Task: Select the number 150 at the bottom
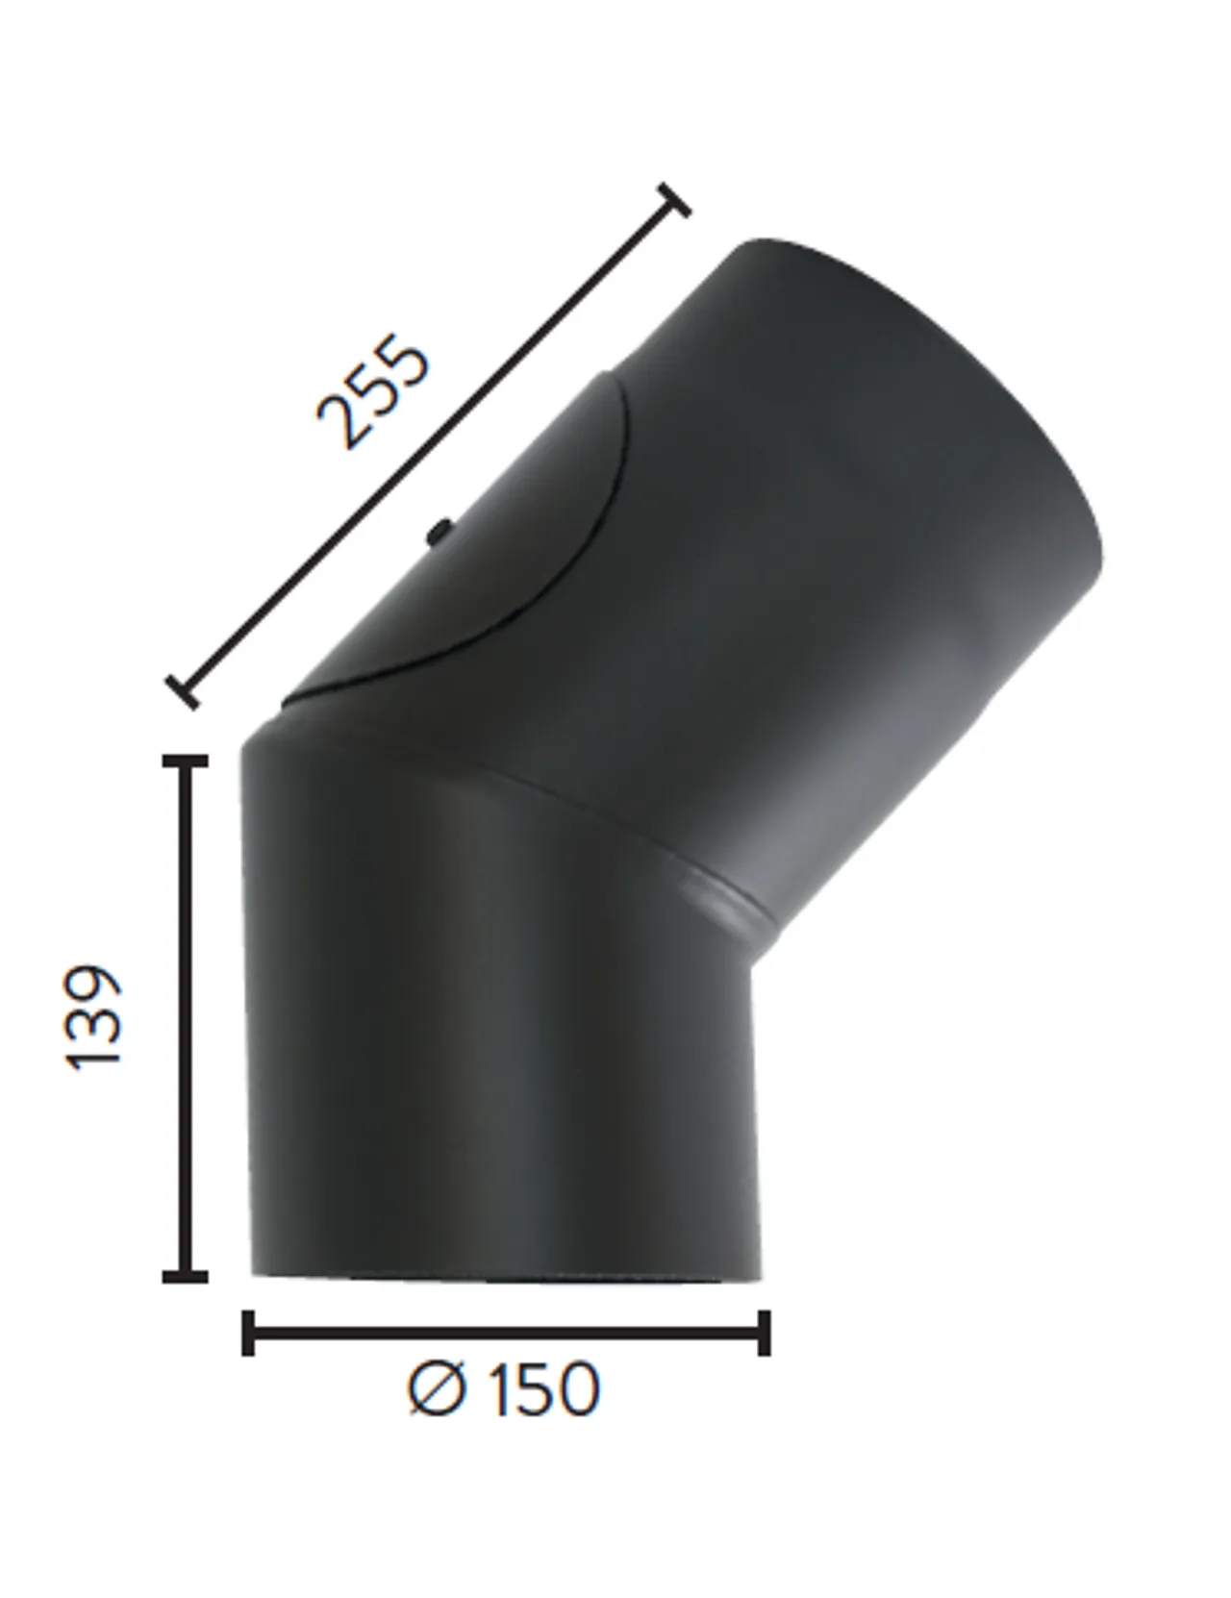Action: [x=544, y=1389]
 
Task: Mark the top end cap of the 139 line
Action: [x=186, y=762]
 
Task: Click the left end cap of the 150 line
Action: [x=248, y=1333]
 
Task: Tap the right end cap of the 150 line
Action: [x=765, y=1333]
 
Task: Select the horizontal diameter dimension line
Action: [x=506, y=1333]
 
